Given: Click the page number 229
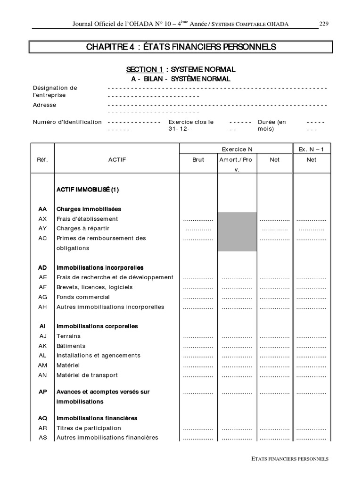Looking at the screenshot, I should tap(324, 24).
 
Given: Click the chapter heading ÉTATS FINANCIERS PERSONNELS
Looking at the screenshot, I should tap(181, 47).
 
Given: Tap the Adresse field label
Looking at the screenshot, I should tap(44, 105).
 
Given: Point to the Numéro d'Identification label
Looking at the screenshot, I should tap(67, 122).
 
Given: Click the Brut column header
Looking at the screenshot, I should tap(198, 160).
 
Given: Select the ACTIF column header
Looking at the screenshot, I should tap(117, 160).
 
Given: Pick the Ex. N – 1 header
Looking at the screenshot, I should tap(312, 150).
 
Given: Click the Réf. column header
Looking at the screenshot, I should tap(42, 160).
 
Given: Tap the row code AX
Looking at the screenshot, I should tap(43, 219).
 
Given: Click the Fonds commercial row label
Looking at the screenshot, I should tap(83, 297).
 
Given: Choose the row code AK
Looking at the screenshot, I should tap(43, 346).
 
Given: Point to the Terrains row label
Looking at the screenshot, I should tap(68, 336).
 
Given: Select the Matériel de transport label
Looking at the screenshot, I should tap(87, 375).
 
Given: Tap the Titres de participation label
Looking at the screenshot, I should tap(89, 428).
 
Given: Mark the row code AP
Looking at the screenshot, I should tap(43, 392).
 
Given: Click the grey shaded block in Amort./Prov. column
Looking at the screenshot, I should tap(237, 232).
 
